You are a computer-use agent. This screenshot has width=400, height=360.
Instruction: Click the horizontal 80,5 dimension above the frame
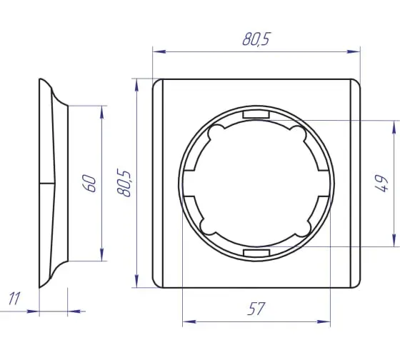click(x=256, y=39)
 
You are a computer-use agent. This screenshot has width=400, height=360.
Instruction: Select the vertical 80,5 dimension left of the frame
click(x=124, y=183)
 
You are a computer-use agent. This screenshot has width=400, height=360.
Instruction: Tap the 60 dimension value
click(x=89, y=183)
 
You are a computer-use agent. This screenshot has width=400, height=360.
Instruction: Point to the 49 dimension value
click(x=381, y=183)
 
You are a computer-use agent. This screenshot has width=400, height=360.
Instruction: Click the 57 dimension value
click(x=256, y=309)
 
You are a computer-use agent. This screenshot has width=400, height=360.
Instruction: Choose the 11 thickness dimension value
click(x=14, y=299)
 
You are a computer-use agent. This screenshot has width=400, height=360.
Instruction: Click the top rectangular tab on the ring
click(x=256, y=114)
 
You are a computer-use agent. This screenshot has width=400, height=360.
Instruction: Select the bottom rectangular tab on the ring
click(x=256, y=253)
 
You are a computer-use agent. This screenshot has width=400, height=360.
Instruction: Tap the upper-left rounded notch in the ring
click(x=216, y=132)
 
